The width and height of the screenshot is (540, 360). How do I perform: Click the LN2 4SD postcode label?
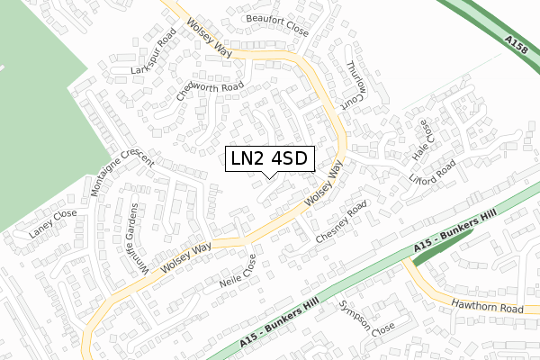coord(269,159)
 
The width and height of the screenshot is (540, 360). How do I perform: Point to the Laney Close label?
coord(52,223)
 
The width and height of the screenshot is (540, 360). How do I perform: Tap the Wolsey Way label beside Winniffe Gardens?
coord(185,258)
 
